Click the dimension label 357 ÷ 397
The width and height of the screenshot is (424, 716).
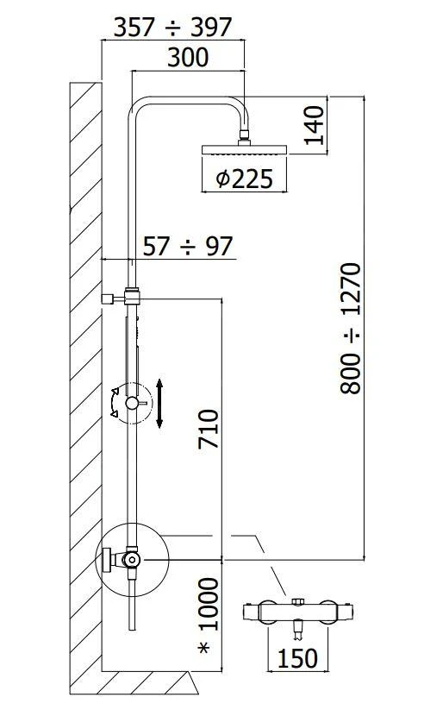[x=173, y=27]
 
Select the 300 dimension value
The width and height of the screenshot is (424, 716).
[x=188, y=58]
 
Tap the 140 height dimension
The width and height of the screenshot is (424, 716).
[x=315, y=125]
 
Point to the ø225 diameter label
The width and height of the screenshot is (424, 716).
[x=245, y=179]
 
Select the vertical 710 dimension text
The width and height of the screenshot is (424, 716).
[x=209, y=429]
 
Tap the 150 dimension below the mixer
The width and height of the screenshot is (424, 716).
[x=297, y=658]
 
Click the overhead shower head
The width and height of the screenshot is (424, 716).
[x=245, y=149]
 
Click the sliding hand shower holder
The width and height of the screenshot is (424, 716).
[x=131, y=403]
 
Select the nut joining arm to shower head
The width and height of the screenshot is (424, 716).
[x=246, y=135]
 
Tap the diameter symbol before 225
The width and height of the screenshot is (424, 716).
[x=222, y=179]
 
